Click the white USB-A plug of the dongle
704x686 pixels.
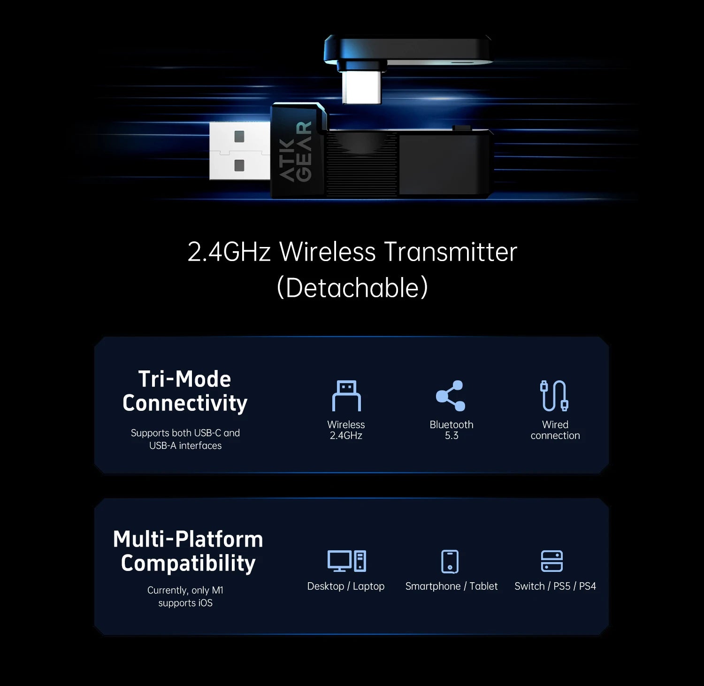[239, 151]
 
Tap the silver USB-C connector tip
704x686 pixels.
[361, 87]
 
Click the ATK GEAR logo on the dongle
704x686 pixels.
[296, 152]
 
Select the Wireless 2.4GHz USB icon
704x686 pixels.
[346, 395]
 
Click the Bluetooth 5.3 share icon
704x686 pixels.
[451, 395]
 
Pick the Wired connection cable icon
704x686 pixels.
[554, 395]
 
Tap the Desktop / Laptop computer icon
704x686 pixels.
[346, 561]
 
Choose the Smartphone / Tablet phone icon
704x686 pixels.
[450, 562]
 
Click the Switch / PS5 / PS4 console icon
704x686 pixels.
[551, 561]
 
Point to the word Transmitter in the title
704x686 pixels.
[450, 252]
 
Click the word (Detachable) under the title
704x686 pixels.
[352, 287]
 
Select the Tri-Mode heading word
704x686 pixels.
[184, 379]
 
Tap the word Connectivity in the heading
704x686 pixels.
[185, 403]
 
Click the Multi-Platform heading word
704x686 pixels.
[188, 539]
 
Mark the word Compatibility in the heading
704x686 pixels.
[188, 563]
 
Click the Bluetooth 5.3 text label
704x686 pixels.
[451, 430]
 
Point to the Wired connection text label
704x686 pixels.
[555, 430]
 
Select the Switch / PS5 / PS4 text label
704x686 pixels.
[555, 586]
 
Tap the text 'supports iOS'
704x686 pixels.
[185, 603]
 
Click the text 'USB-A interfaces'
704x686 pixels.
[185, 446]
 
